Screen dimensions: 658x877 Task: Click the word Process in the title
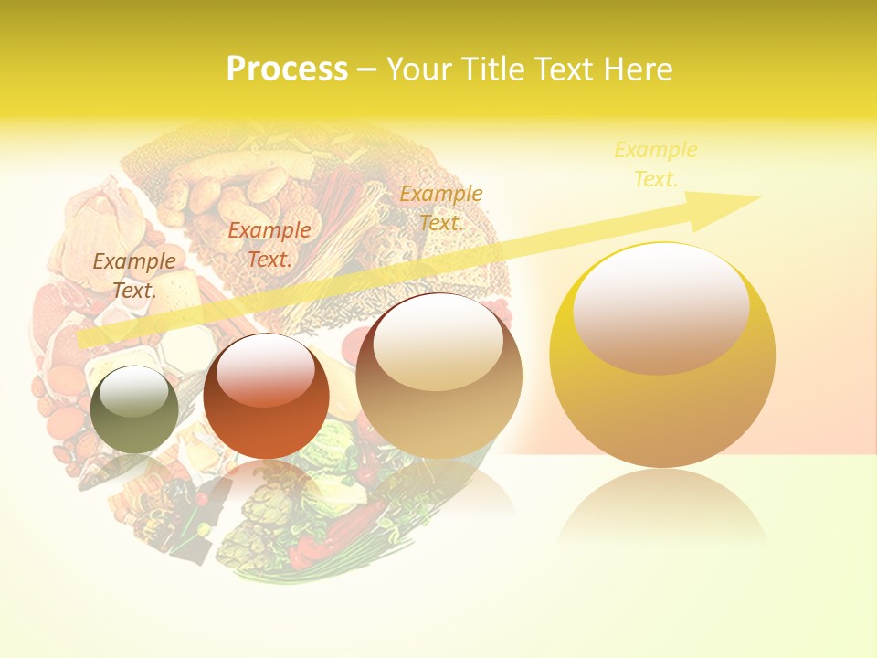pos(287,69)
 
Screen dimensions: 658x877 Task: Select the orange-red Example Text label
pos(269,245)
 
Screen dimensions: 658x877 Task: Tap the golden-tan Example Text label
pos(440,208)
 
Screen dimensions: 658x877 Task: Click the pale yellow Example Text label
pos(655,164)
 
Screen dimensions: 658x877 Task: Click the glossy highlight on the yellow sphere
pos(660,307)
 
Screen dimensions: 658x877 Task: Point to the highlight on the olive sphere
pos(135,391)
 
